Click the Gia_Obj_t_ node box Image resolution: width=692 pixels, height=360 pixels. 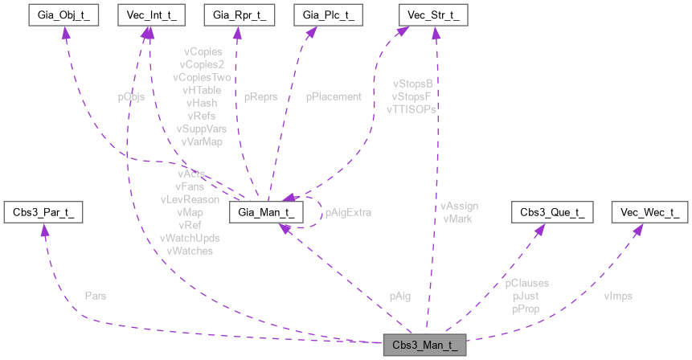pyautogui.click(x=62, y=15)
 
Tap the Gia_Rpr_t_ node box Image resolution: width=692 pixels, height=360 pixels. pyautogui.click(x=237, y=15)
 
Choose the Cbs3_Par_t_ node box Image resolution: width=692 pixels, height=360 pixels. pyautogui.click(x=43, y=213)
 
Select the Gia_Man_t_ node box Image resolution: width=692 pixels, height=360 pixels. pyautogui.click(x=266, y=213)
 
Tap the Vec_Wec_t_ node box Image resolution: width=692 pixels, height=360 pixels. pyautogui.click(x=650, y=213)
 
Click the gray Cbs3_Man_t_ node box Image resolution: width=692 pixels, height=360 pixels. pyautogui.click(x=424, y=346)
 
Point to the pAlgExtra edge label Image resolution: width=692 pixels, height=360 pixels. pyautogui.click(x=347, y=213)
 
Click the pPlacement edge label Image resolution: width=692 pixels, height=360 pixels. pyautogui.click(x=334, y=96)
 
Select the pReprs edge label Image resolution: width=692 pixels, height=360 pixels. pyautogui.click(x=260, y=96)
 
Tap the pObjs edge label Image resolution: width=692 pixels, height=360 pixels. pyautogui.click(x=131, y=96)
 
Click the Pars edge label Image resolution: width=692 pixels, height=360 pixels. pyautogui.click(x=95, y=296)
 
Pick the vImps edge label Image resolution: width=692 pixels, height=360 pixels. pyautogui.click(x=617, y=296)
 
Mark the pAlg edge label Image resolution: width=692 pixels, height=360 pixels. pyautogui.click(x=399, y=296)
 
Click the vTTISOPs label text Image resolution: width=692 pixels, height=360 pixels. pyautogui.click(x=412, y=108)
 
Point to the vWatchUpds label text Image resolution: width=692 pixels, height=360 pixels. pyautogui.click(x=190, y=239)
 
